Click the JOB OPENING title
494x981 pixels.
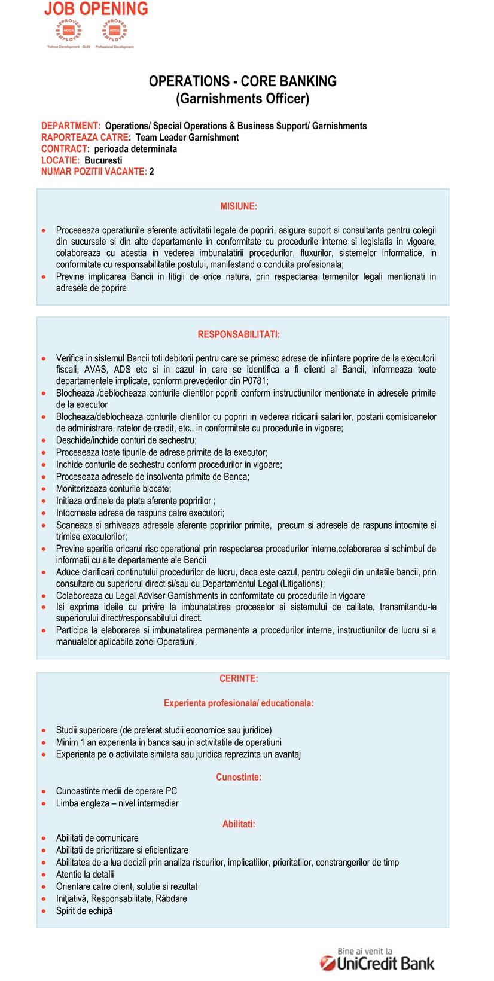pos(96,9)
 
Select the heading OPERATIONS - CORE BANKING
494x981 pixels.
pos(243,81)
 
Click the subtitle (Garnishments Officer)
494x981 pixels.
pos(243,99)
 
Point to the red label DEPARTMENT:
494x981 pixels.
pos(71,126)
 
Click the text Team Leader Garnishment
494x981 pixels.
pos(187,138)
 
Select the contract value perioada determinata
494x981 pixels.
pos(136,149)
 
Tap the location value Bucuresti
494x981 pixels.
pos(103,160)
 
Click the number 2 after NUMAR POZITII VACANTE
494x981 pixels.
pos(152,172)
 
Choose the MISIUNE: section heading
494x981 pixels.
pos(239,206)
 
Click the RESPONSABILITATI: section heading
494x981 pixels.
pos(239,334)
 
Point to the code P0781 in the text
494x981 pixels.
pos(254,381)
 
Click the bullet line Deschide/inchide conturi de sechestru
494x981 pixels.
pos(126,440)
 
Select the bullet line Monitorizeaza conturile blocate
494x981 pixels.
pos(114,489)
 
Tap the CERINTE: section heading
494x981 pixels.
pos(239,678)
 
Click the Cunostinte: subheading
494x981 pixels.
pos(239,778)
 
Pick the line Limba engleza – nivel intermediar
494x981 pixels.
pos(117,803)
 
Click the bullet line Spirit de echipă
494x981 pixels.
pos(84,911)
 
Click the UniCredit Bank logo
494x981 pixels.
pos(378,960)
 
